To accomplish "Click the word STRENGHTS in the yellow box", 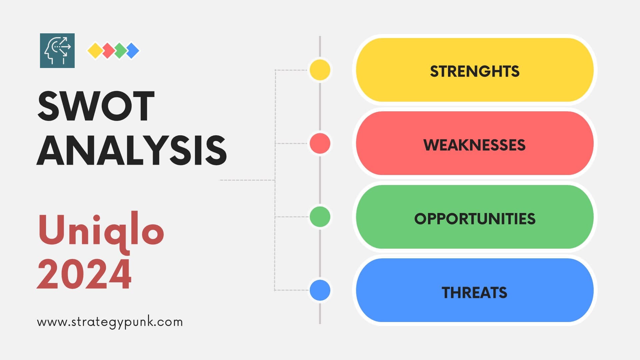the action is click(x=475, y=71).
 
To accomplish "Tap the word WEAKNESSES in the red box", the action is click(x=474, y=145).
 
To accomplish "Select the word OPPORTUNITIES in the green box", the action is click(x=475, y=219).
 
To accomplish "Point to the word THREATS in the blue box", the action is click(x=474, y=293).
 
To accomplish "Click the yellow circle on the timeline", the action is click(x=320, y=70).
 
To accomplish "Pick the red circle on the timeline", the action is click(x=320, y=143).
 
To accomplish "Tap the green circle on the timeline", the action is click(x=320, y=217).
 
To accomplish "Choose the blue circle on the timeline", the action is click(x=320, y=290).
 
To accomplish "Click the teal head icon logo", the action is click(x=57, y=51).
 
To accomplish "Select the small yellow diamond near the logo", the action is click(x=95, y=51).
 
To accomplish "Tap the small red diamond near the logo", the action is click(x=108, y=51).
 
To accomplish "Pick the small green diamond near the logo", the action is click(x=120, y=51).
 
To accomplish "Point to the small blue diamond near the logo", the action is click(x=133, y=51).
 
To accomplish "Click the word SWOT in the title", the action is click(x=96, y=106).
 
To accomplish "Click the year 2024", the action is click(x=84, y=274).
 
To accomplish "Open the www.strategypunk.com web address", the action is click(x=110, y=322).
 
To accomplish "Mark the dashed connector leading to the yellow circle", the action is click(x=292, y=70).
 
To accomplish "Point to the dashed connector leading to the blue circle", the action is click(x=292, y=290).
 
